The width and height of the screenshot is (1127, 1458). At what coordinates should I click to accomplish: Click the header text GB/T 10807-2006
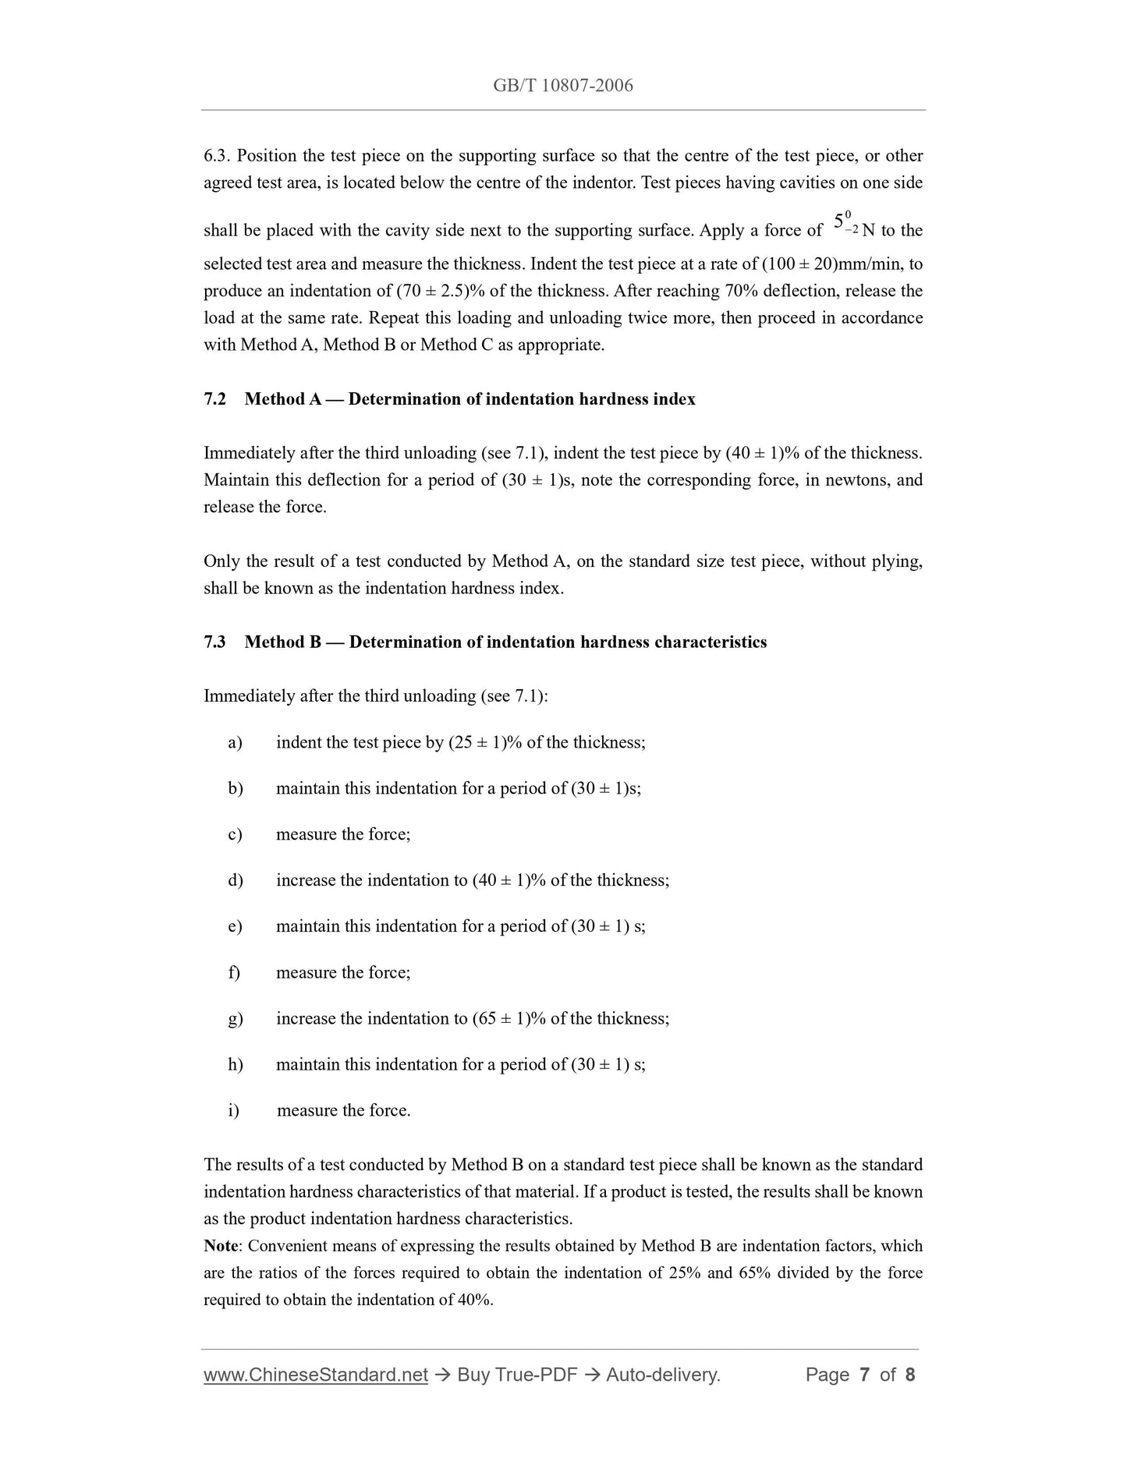[562, 86]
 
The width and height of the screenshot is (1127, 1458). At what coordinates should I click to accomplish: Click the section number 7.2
[214, 399]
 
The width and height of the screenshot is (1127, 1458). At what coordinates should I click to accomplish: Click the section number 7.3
[214, 642]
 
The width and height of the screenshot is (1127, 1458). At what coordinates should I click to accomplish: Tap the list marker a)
[235, 742]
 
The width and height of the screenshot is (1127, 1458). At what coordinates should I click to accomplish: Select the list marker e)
[235, 926]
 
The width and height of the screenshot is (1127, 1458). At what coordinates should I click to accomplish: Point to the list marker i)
[233, 1110]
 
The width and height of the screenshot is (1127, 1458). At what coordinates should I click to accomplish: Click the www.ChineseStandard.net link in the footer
[316, 1375]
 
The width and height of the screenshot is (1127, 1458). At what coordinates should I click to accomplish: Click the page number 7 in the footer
[864, 1375]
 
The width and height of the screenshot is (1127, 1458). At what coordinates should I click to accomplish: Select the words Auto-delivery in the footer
[662, 1375]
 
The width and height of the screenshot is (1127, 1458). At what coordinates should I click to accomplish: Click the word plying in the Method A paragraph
[898, 561]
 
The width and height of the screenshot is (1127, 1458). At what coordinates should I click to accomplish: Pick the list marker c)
[235, 834]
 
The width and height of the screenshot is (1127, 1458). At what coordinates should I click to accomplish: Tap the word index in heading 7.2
[676, 399]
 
